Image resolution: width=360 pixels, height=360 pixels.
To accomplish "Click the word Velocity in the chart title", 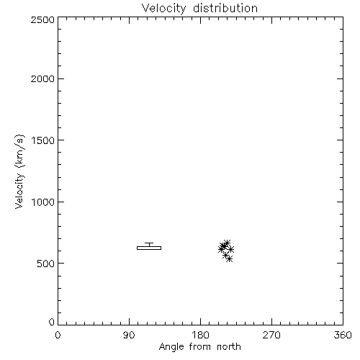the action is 163,9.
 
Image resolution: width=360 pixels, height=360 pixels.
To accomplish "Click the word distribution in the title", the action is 225,8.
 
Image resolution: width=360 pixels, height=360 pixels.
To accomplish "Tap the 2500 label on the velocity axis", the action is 42,19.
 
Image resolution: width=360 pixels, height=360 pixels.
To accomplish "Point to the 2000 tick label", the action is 42,78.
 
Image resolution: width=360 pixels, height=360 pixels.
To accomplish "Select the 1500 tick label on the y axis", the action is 43,140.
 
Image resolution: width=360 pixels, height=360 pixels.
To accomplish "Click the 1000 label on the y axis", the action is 43,202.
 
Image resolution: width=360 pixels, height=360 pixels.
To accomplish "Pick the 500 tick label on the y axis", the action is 46,264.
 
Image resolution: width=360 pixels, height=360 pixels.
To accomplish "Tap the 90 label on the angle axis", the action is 129,335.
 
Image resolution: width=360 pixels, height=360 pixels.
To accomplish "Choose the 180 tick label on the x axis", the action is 200,335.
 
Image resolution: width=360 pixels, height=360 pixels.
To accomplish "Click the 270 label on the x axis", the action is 271,335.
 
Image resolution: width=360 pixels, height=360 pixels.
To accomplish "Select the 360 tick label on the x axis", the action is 343,335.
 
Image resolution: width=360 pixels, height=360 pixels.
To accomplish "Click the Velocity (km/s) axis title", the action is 19,171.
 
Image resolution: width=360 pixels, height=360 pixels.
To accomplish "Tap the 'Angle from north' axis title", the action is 200,347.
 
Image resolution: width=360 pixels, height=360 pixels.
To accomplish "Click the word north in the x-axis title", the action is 229,346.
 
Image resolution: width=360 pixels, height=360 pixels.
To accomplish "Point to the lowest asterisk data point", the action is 230,258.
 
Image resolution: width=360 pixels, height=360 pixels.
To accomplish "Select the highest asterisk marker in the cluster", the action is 227,243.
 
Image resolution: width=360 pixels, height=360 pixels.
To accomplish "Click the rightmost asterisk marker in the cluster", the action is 230,249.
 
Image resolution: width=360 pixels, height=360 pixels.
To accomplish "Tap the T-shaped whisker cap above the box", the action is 149,244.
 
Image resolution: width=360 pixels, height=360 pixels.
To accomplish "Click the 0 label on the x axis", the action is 58,335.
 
